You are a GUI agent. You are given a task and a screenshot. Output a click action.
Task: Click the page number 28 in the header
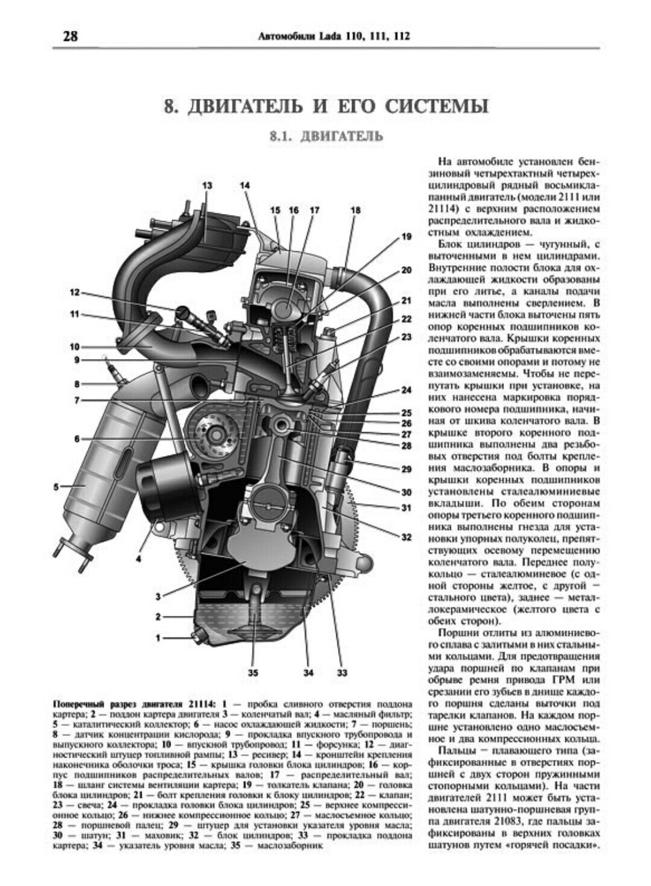pos(70,36)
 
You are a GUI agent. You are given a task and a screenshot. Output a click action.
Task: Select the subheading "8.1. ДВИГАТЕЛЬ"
pos(326,136)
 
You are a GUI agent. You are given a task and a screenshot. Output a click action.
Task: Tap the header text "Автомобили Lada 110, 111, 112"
pos(333,37)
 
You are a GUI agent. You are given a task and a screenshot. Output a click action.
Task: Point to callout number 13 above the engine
pos(207,186)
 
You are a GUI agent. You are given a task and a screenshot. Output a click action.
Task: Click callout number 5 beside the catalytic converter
pos(56,487)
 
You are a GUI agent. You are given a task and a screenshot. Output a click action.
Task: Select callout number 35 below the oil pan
pos(253,671)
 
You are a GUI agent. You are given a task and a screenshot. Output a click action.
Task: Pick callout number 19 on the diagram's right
pos(406,237)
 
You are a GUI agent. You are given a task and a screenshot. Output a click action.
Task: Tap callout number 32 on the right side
pos(406,535)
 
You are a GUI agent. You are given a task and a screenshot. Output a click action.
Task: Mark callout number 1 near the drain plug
pos(158,638)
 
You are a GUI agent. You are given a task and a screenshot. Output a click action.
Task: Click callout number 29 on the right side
pos(406,469)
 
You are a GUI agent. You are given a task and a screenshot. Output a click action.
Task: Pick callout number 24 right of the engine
pos(406,390)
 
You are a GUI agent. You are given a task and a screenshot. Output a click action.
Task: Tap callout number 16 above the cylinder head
pos(294,210)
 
